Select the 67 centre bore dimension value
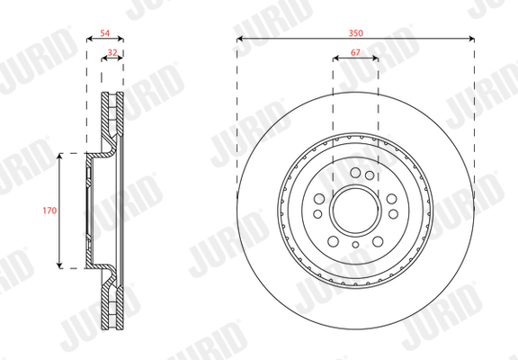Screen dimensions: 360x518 click(355, 54)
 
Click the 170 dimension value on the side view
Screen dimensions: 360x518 click(50, 211)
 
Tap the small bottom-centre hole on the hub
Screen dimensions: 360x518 click(355, 245)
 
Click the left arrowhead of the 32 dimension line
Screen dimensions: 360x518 click(103, 58)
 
